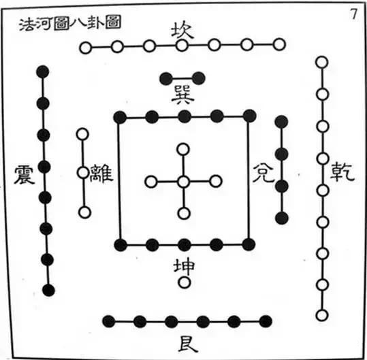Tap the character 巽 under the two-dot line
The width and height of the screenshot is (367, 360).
click(182, 96)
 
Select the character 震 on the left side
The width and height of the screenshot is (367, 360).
click(25, 175)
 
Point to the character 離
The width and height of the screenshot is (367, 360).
click(101, 173)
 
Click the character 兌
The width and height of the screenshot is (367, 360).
click(263, 173)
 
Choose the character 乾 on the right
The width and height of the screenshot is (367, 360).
click(342, 172)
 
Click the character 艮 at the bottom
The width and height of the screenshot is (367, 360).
click(188, 344)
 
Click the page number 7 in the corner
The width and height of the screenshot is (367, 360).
click(353, 14)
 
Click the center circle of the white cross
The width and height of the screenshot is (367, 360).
click(184, 182)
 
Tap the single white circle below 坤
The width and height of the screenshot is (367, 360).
click(185, 282)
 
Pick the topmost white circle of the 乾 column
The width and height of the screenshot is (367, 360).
click(322, 62)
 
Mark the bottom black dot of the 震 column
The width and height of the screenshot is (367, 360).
click(49, 291)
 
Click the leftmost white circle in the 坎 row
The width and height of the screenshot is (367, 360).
click(85, 48)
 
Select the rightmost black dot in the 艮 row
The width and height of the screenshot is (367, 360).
click(266, 321)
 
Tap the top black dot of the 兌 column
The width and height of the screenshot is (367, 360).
click(281, 122)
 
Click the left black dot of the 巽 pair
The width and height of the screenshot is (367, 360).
click(166, 78)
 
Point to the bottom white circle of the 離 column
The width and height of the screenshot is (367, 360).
click(84, 212)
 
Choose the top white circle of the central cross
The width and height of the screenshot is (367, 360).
click(183, 149)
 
